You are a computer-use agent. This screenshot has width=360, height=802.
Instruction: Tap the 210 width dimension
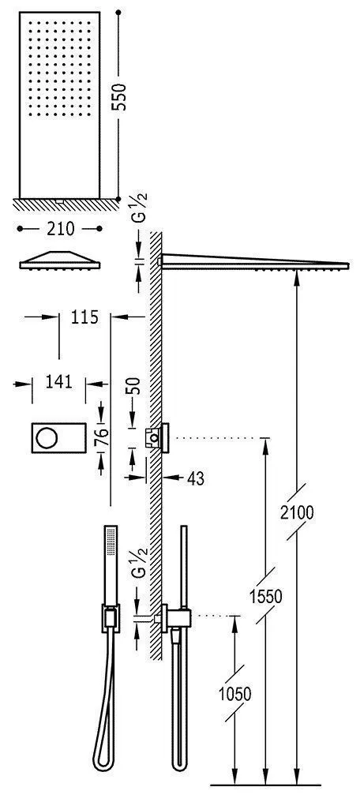tap(60, 229)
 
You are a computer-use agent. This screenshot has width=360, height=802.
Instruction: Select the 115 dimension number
tap(84, 317)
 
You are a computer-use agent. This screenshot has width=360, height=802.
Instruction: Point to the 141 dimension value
tap(58, 381)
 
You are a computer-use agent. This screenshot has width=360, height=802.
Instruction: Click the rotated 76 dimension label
tap(103, 438)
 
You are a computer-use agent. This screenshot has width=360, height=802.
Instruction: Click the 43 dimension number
tap(195, 478)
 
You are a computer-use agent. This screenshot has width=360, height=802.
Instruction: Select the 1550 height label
tap(266, 596)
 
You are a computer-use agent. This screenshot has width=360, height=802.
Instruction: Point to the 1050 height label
tap(234, 694)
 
